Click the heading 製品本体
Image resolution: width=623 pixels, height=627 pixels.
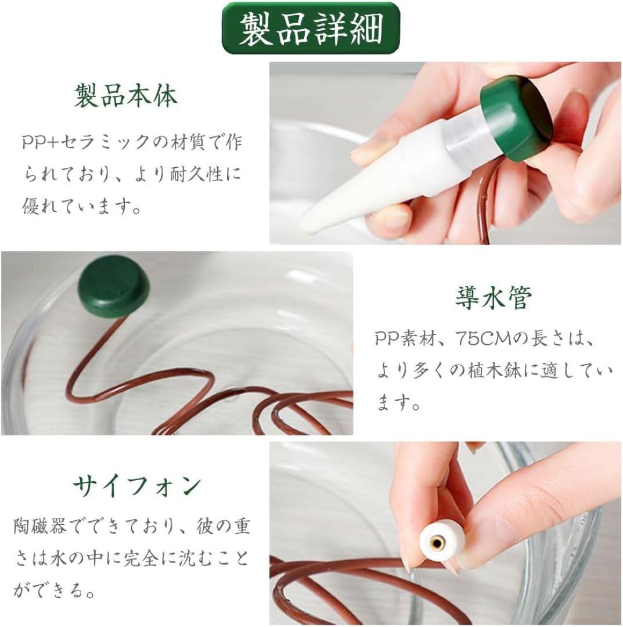coord(125,95)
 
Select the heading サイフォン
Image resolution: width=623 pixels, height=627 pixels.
coord(137,486)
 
